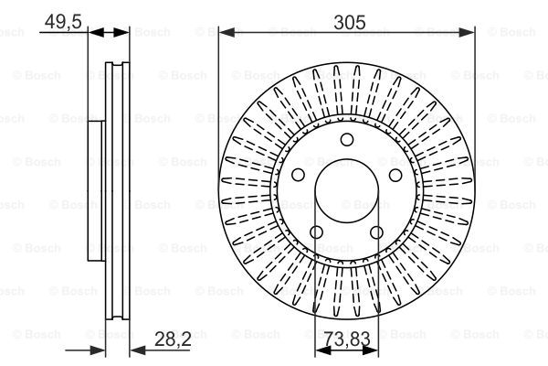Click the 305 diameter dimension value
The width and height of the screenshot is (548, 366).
(350, 22)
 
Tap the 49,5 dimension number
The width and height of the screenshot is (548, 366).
(63, 22)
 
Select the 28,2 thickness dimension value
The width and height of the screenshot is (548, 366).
(173, 339)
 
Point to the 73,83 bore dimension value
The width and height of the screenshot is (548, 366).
(346, 339)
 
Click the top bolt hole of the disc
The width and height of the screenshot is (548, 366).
(347, 139)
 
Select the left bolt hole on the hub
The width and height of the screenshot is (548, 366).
(298, 175)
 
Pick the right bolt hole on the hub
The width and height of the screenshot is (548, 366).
(395, 175)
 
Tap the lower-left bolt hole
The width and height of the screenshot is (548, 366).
(316, 231)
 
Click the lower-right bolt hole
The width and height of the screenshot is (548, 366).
(376, 231)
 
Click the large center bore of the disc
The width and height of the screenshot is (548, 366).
(347, 191)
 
